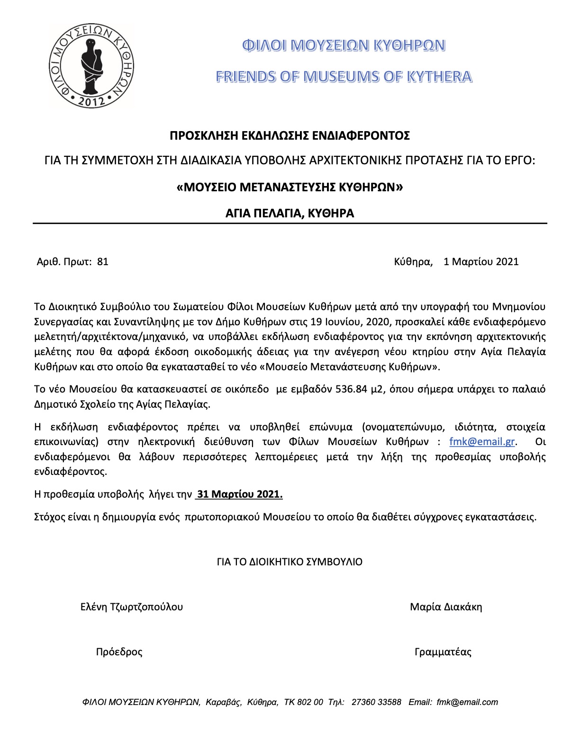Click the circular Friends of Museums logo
(92, 65)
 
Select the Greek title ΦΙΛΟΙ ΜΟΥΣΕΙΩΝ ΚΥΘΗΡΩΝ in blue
(344, 45)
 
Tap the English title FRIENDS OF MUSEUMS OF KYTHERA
(344, 77)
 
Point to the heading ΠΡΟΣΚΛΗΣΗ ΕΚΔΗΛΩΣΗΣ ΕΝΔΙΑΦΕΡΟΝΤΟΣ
(290, 136)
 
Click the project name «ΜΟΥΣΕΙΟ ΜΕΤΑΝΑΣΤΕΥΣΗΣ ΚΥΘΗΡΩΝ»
(290, 187)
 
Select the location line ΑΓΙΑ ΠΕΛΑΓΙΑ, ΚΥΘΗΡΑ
(290, 213)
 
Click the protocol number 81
(102, 261)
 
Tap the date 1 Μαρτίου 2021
(480, 261)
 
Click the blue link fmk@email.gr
(481, 442)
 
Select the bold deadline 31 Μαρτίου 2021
(240, 494)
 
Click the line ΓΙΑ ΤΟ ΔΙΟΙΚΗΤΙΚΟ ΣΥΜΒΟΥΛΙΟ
(290, 562)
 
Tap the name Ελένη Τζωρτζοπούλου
(132, 607)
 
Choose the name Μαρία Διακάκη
(446, 607)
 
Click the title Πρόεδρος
(119, 652)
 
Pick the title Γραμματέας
(443, 652)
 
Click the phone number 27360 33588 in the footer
(376, 702)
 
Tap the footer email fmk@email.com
(467, 702)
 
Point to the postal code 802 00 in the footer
(310, 702)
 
